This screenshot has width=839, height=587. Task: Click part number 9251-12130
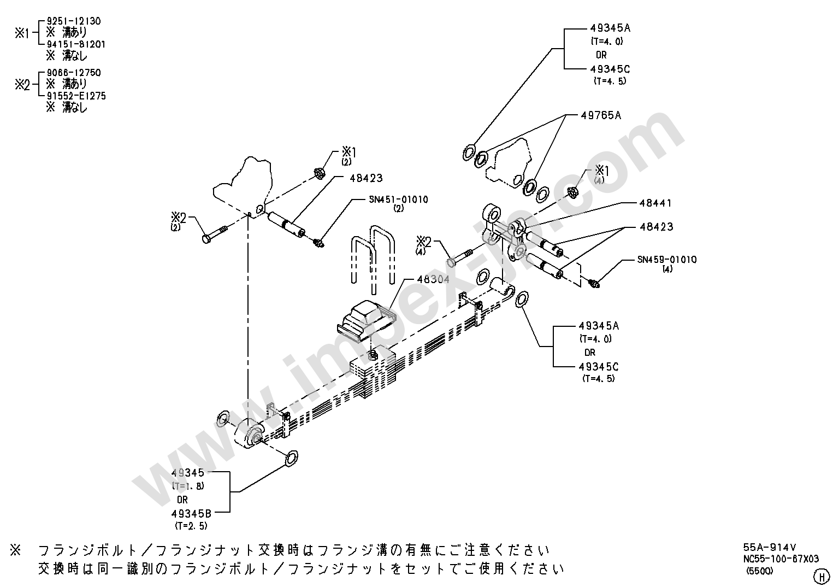(74, 21)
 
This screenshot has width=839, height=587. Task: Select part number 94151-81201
(76, 44)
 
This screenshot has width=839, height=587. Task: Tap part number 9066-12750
(74, 72)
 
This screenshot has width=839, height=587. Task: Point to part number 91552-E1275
(76, 96)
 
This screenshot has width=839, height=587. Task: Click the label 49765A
(601, 115)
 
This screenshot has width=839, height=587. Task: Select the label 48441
(655, 203)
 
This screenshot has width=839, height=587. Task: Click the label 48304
(433, 279)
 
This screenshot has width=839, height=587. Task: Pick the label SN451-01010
(398, 199)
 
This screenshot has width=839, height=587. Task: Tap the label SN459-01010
(667, 260)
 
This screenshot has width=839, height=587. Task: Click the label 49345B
(191, 513)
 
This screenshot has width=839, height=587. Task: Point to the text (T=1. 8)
(188, 486)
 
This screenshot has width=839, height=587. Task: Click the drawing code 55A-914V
(770, 548)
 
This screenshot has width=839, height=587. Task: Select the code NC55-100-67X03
(781, 559)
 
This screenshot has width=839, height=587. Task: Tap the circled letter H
(822, 577)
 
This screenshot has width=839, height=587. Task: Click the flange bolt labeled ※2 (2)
(215, 233)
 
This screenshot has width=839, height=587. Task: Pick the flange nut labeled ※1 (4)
(572, 192)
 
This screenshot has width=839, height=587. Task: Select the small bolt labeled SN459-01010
(594, 283)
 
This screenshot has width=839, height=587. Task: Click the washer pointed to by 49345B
(291, 459)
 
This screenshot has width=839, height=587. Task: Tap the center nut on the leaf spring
(373, 355)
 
